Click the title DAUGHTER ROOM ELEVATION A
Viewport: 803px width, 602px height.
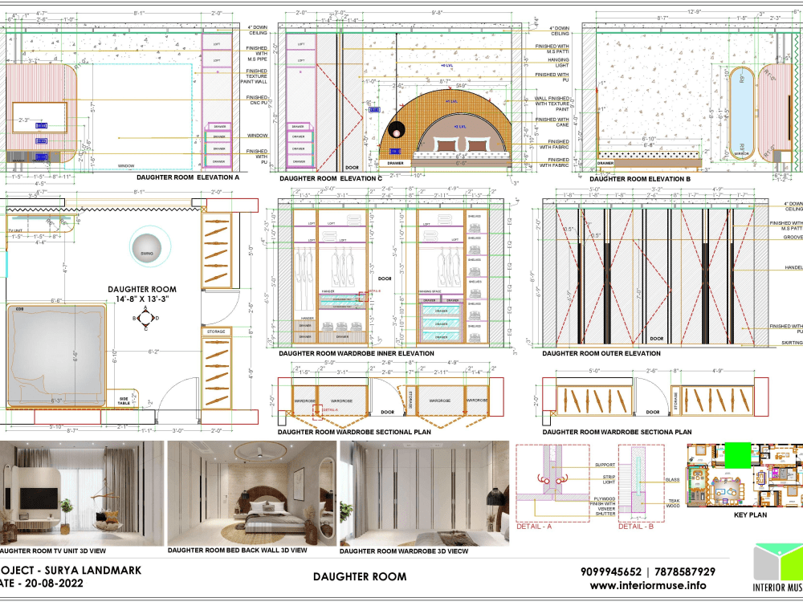[x=188, y=177]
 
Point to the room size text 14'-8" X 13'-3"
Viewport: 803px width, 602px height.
[x=142, y=299]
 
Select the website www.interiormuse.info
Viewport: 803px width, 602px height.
[x=647, y=585]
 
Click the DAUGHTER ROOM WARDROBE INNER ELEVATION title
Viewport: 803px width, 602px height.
[x=356, y=353]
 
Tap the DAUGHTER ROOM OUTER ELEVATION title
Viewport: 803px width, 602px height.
[x=601, y=353]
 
